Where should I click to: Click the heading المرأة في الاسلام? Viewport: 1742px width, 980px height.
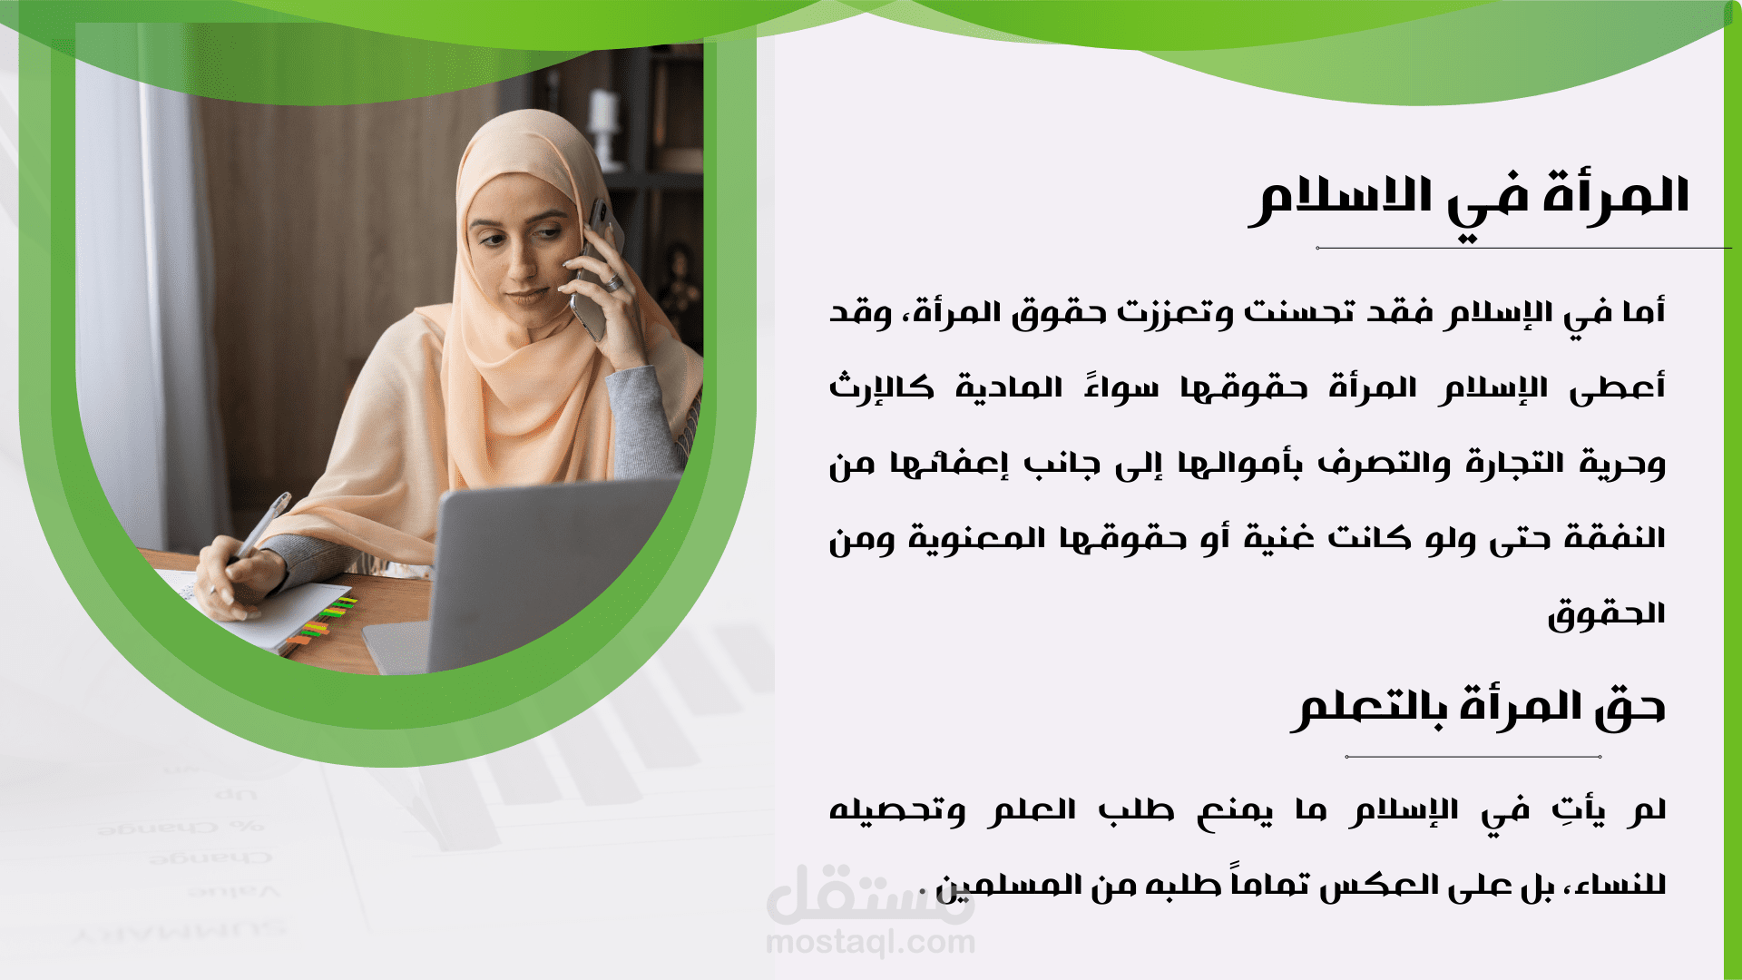point(1469,201)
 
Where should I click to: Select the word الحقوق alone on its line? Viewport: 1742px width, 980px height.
point(1607,614)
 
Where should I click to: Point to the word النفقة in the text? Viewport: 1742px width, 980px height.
point(1615,538)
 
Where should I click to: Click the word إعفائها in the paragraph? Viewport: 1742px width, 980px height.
point(949,464)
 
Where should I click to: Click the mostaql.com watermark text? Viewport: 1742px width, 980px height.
point(871,943)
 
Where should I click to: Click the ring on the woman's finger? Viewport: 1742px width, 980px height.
point(614,283)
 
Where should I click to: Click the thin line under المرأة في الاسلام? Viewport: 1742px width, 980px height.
point(1524,248)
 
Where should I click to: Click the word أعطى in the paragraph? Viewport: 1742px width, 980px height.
point(1618,387)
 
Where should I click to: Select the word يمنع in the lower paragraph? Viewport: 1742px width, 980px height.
point(1235,811)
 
